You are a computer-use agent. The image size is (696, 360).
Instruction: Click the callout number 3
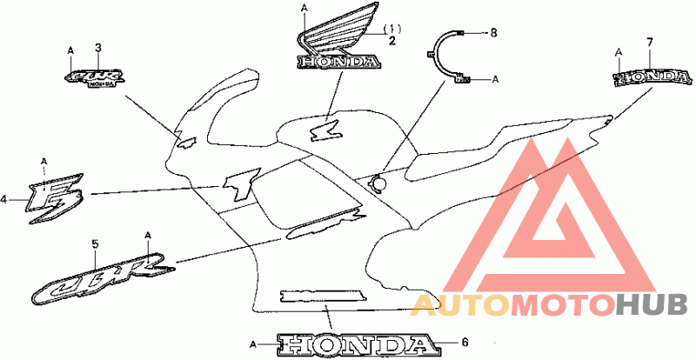pos(98,47)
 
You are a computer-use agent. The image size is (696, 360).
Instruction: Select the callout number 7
pos(649,42)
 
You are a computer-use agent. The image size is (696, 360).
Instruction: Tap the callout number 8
pos(493,32)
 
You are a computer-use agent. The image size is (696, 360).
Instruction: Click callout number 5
pos(95,245)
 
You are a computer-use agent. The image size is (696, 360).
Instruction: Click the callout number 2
pos(392,41)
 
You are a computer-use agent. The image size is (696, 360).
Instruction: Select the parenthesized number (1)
pos(392,29)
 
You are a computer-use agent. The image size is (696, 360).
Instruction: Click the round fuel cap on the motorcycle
pos(378,183)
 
